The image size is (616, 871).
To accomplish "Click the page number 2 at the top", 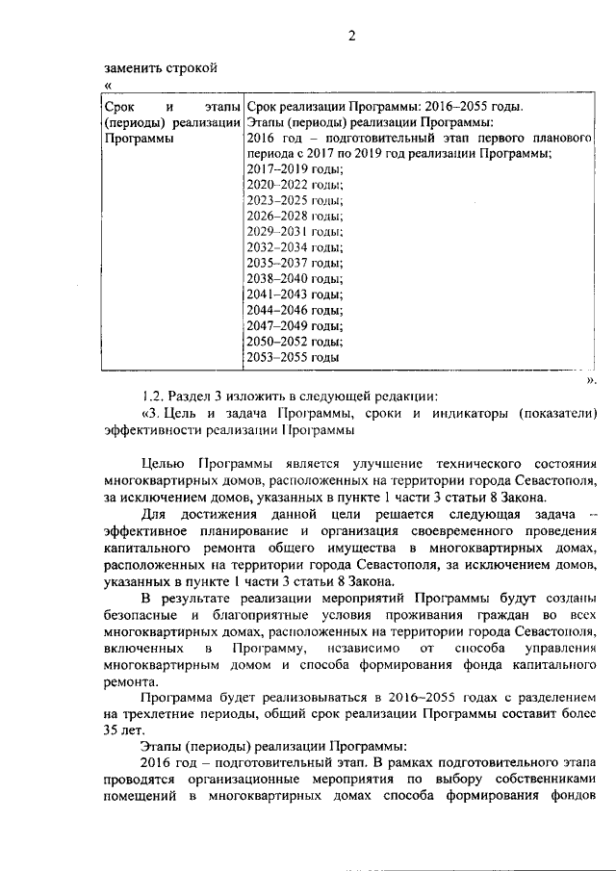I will click(x=351, y=37).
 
